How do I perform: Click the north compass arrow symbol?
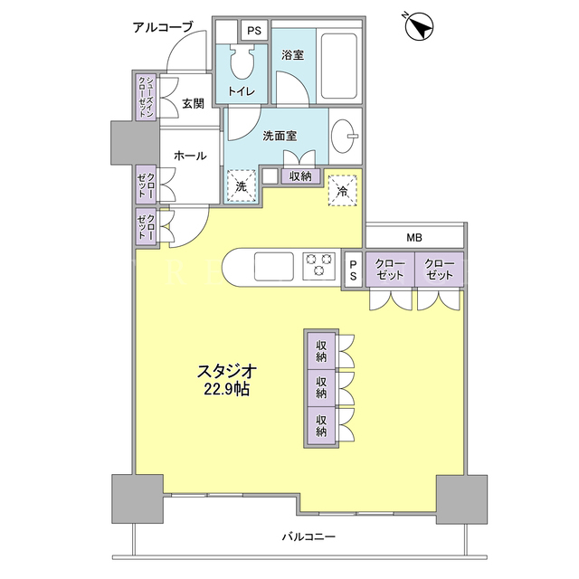coord(419,26)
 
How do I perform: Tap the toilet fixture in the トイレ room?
coord(242,61)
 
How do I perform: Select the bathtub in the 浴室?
coord(339,66)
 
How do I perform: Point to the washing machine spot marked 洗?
coord(242,185)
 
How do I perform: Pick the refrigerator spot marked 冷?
coord(343,190)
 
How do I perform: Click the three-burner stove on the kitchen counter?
coord(319,265)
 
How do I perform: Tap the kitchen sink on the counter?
coord(274,266)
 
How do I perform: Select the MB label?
coord(414,238)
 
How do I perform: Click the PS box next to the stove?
coord(354,270)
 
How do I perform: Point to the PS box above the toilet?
coord(254,31)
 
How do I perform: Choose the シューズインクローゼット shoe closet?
coord(146,97)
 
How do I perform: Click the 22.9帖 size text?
coord(227,389)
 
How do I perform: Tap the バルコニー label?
coord(308,536)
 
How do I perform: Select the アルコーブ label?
coord(163,27)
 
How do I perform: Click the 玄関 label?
coord(193,103)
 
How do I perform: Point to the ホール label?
coord(190,156)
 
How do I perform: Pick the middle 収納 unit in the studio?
coord(321,388)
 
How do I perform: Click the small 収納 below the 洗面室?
coord(300,176)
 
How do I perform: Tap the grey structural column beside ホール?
coord(135,143)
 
